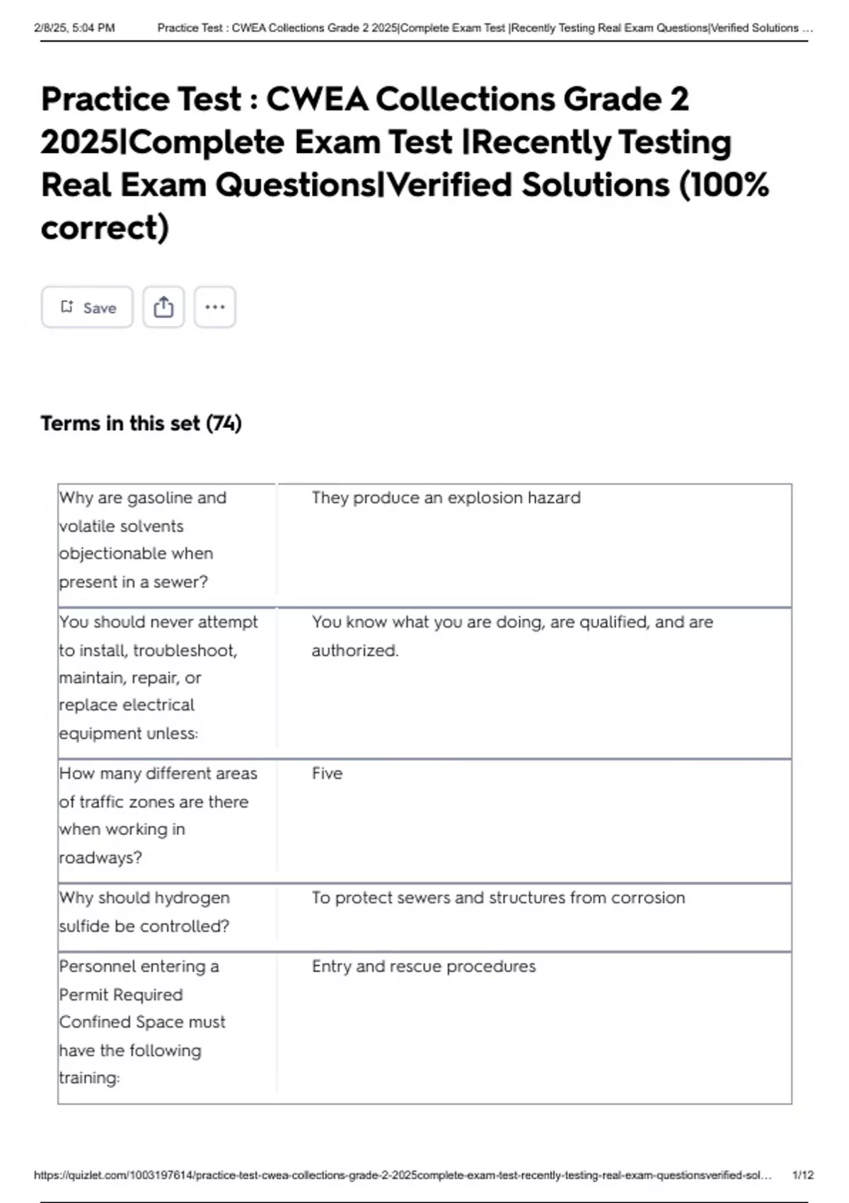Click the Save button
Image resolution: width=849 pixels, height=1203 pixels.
coord(87,307)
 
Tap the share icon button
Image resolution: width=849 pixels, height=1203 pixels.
coord(163,307)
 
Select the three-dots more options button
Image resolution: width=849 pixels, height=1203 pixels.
coord(214,307)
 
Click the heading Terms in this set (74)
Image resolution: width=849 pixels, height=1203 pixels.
coord(141,423)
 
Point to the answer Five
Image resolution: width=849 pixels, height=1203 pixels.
coord(327,773)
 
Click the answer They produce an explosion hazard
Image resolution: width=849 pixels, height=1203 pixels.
coord(446,498)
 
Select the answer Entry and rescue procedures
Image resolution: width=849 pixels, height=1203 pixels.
coord(423,967)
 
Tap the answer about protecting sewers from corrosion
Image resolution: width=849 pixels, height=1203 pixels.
coord(498,898)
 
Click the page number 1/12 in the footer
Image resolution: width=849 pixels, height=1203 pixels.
coord(802,1175)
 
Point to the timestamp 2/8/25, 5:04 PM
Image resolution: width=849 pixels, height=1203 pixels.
coord(74,28)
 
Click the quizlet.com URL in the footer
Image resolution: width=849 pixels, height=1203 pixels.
coord(402,1175)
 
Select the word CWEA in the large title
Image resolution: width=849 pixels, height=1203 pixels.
coord(317,99)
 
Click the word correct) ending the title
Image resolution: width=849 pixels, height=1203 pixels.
coord(105,228)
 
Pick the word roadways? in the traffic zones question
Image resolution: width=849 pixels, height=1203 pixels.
coord(100,858)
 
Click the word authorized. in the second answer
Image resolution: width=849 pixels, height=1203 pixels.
coord(355,650)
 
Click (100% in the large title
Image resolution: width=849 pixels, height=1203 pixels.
coord(723,185)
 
